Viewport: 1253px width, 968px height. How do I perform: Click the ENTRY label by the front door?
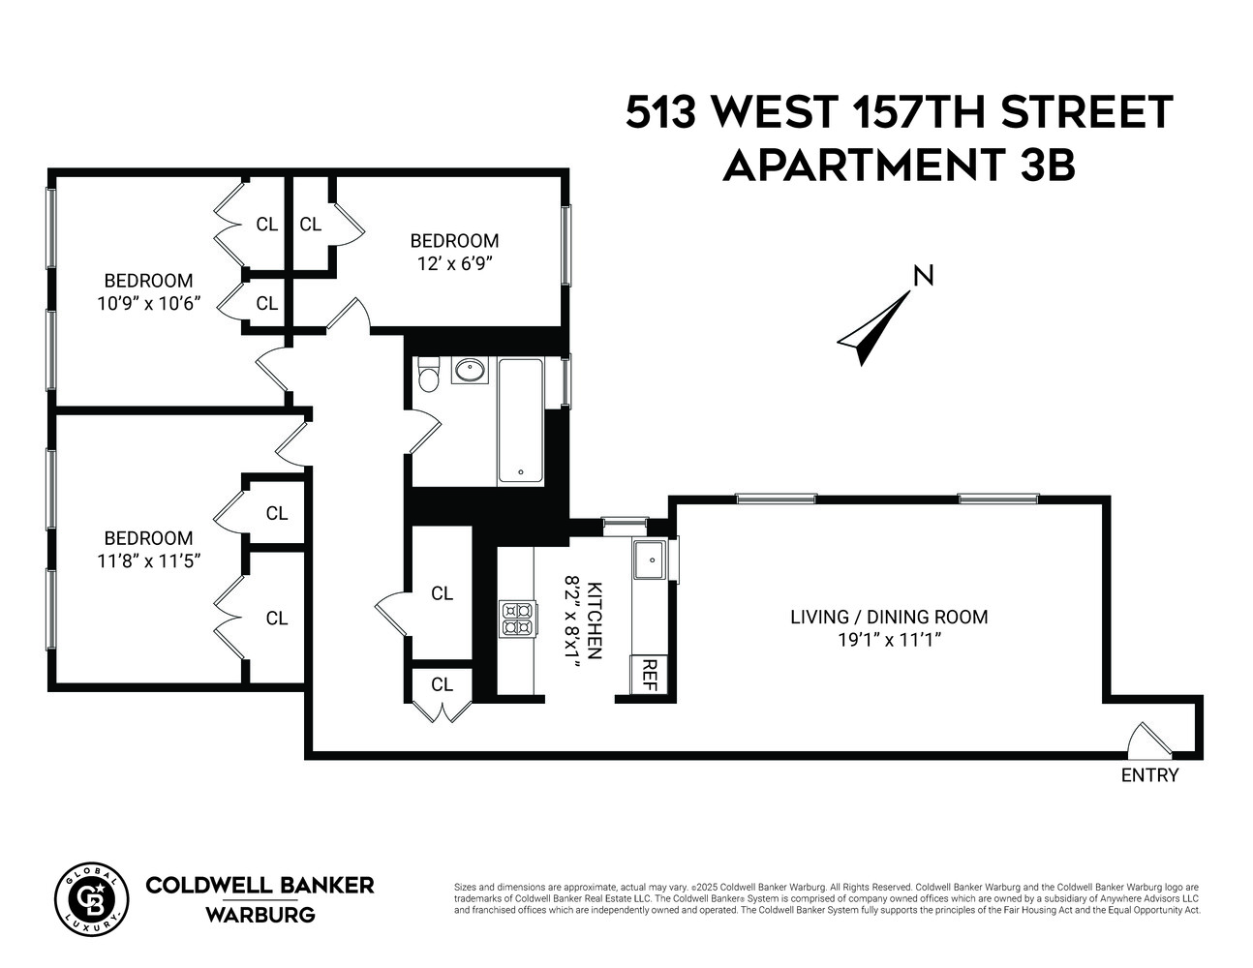coord(1149,775)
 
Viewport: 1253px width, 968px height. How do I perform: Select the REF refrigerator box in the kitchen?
coord(649,675)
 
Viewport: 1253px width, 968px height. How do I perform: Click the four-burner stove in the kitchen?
coord(517,619)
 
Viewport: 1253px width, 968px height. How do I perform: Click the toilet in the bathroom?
coord(429,375)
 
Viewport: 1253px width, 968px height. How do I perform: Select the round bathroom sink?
coord(471,370)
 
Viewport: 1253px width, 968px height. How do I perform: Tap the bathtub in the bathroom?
coord(521,421)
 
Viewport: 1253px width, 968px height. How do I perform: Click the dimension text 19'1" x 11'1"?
coord(890,640)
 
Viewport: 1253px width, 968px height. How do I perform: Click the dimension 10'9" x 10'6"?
coord(148,303)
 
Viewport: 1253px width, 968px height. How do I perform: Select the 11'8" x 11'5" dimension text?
coord(148,560)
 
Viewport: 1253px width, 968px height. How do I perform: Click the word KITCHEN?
coord(595,620)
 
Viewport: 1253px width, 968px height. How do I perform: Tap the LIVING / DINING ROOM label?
coord(889,617)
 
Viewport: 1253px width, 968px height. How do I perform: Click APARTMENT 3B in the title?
coord(899,166)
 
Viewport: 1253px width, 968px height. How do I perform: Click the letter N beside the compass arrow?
coord(924,276)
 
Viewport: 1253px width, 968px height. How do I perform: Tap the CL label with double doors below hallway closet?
coord(442,684)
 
